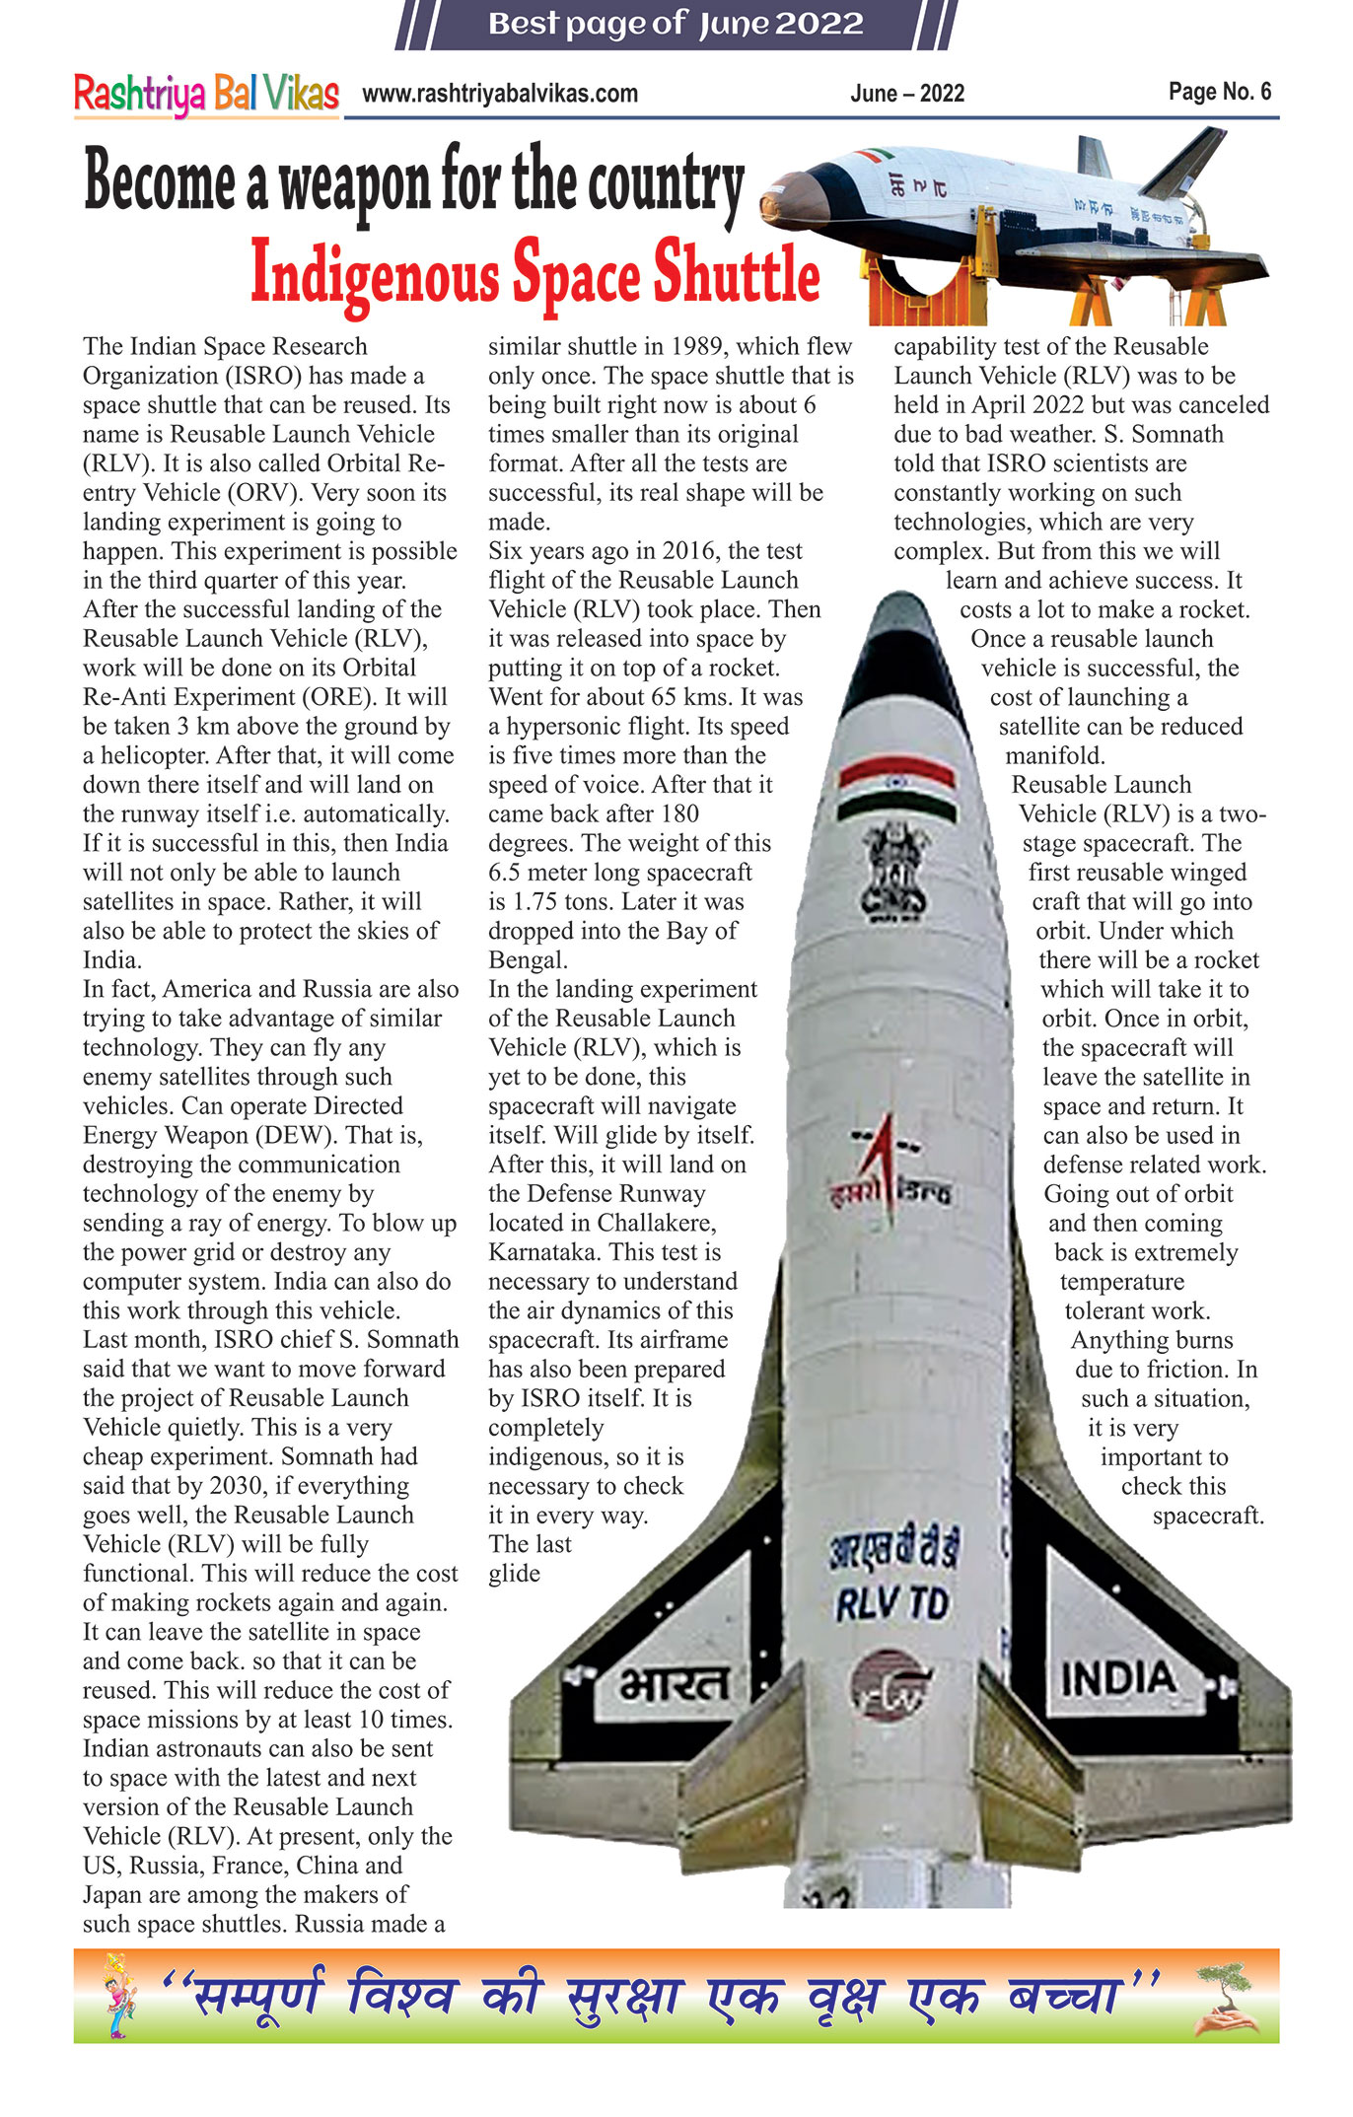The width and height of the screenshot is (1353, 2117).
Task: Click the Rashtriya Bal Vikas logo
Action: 206,95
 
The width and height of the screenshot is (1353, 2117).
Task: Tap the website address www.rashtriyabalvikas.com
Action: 500,94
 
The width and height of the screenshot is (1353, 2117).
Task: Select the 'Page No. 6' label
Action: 1220,92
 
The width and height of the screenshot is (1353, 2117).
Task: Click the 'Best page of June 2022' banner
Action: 676,24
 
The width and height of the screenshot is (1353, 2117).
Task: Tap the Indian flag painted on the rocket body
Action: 896,789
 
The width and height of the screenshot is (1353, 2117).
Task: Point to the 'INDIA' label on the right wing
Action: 1118,1677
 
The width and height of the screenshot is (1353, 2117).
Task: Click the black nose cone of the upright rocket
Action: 900,641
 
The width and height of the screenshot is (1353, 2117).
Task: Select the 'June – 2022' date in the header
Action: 907,94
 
